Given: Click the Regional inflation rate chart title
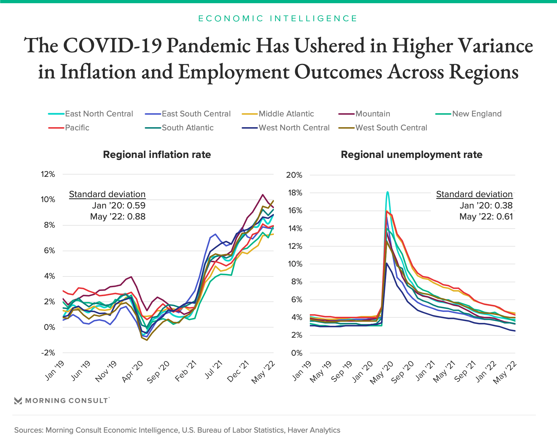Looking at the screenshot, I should point(157,155).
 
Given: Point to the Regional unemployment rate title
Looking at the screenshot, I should point(411,155).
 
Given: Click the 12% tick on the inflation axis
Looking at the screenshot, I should point(48,174).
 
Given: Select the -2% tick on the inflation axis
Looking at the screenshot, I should point(48,353).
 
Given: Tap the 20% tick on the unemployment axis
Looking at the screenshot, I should point(294,175).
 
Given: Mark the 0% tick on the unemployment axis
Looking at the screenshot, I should point(296,353).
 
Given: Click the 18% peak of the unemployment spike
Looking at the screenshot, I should point(388,192).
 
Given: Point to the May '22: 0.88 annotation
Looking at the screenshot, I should point(118,217).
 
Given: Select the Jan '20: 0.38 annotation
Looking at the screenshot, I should point(486,206).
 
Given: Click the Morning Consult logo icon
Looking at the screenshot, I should point(18,401).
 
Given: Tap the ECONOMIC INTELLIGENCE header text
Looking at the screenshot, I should point(278,19).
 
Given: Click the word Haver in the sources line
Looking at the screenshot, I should point(298,430).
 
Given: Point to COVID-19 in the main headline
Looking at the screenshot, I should point(112,46).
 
